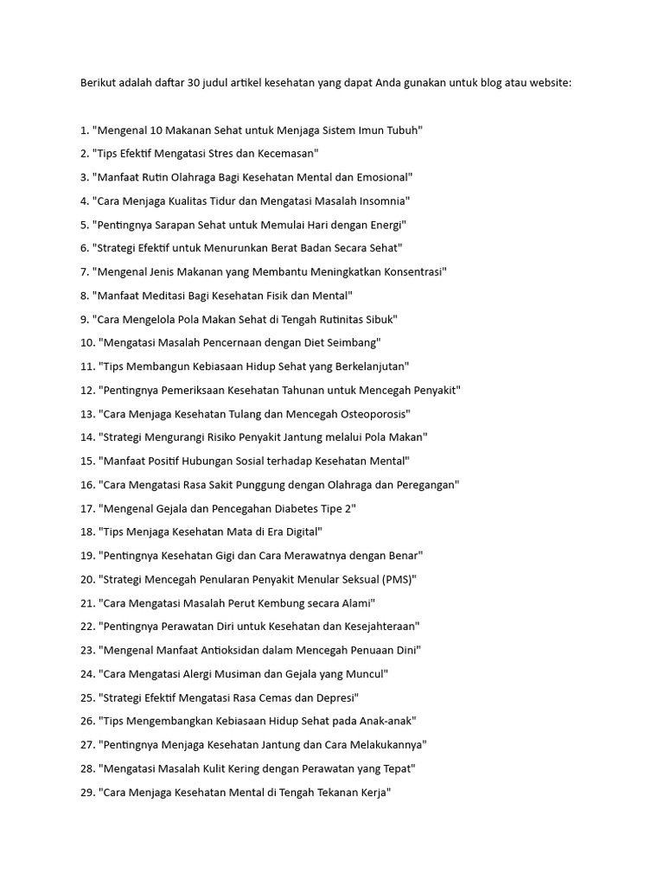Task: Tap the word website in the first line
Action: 548,84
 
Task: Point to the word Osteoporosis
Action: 369,414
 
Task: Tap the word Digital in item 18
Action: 302,532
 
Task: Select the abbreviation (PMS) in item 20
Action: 396,579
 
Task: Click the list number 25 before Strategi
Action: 87,697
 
